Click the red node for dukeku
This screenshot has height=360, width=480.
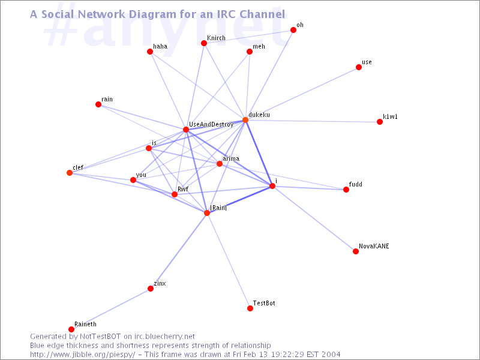coord(245,119)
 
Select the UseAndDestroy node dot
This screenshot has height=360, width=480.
coord(186,130)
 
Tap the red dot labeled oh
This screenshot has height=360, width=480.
coord(293,29)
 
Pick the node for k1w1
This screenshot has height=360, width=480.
coord(380,122)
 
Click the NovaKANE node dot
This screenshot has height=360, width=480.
coord(356,251)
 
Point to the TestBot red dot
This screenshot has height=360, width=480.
coord(250,308)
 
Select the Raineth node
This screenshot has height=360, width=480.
coord(71,329)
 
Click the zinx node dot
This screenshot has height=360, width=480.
coord(151,289)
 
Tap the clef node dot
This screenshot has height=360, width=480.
coord(70,173)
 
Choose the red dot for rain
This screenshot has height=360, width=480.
coord(98,104)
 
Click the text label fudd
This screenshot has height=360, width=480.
coord(355,184)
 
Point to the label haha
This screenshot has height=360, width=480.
coord(160,46)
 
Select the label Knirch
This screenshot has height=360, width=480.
coord(216,38)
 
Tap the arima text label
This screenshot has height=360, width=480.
coord(231,158)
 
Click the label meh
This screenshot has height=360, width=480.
coord(259,47)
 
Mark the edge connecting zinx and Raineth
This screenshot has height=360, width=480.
coord(111,309)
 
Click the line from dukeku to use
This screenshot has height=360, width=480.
coord(302,94)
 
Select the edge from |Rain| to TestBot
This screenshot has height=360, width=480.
coord(229,260)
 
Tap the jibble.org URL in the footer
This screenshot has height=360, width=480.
coord(83,355)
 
